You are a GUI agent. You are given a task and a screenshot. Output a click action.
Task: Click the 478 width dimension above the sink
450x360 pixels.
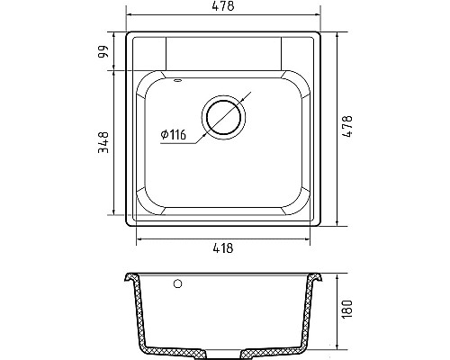[x=223, y=6]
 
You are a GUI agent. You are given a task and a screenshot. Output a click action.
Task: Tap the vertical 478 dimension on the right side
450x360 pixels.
[x=347, y=126]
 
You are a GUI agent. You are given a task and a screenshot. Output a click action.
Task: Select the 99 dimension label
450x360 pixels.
[x=103, y=52]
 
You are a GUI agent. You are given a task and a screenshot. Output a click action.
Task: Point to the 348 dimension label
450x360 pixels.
[x=103, y=142]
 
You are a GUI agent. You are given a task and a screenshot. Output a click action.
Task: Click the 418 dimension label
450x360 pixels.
[x=223, y=248]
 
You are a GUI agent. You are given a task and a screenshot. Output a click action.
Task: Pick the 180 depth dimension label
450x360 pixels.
[x=346, y=309]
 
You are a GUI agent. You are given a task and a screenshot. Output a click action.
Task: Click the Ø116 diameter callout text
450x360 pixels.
[x=174, y=135]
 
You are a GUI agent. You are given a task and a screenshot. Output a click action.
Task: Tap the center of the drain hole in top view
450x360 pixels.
[x=223, y=117]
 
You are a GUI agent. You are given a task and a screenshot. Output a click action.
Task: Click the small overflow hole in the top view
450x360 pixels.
[x=177, y=80]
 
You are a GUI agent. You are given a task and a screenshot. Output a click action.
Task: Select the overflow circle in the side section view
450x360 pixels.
[x=177, y=283]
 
